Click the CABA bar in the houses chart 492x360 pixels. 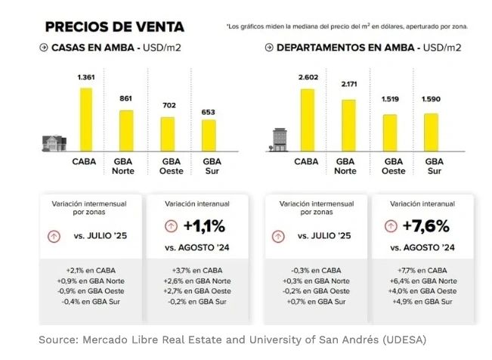pos(86,119)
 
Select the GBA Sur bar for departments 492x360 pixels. pos(431,132)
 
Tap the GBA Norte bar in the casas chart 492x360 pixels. pos(126,131)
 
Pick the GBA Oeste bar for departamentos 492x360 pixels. pos(390,133)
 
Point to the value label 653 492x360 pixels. pos(208,112)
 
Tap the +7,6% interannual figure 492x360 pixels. pos(428,225)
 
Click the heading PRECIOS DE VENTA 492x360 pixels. pos(114,27)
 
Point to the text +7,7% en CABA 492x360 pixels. pos(421,270)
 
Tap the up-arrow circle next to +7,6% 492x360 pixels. pos(390,225)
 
